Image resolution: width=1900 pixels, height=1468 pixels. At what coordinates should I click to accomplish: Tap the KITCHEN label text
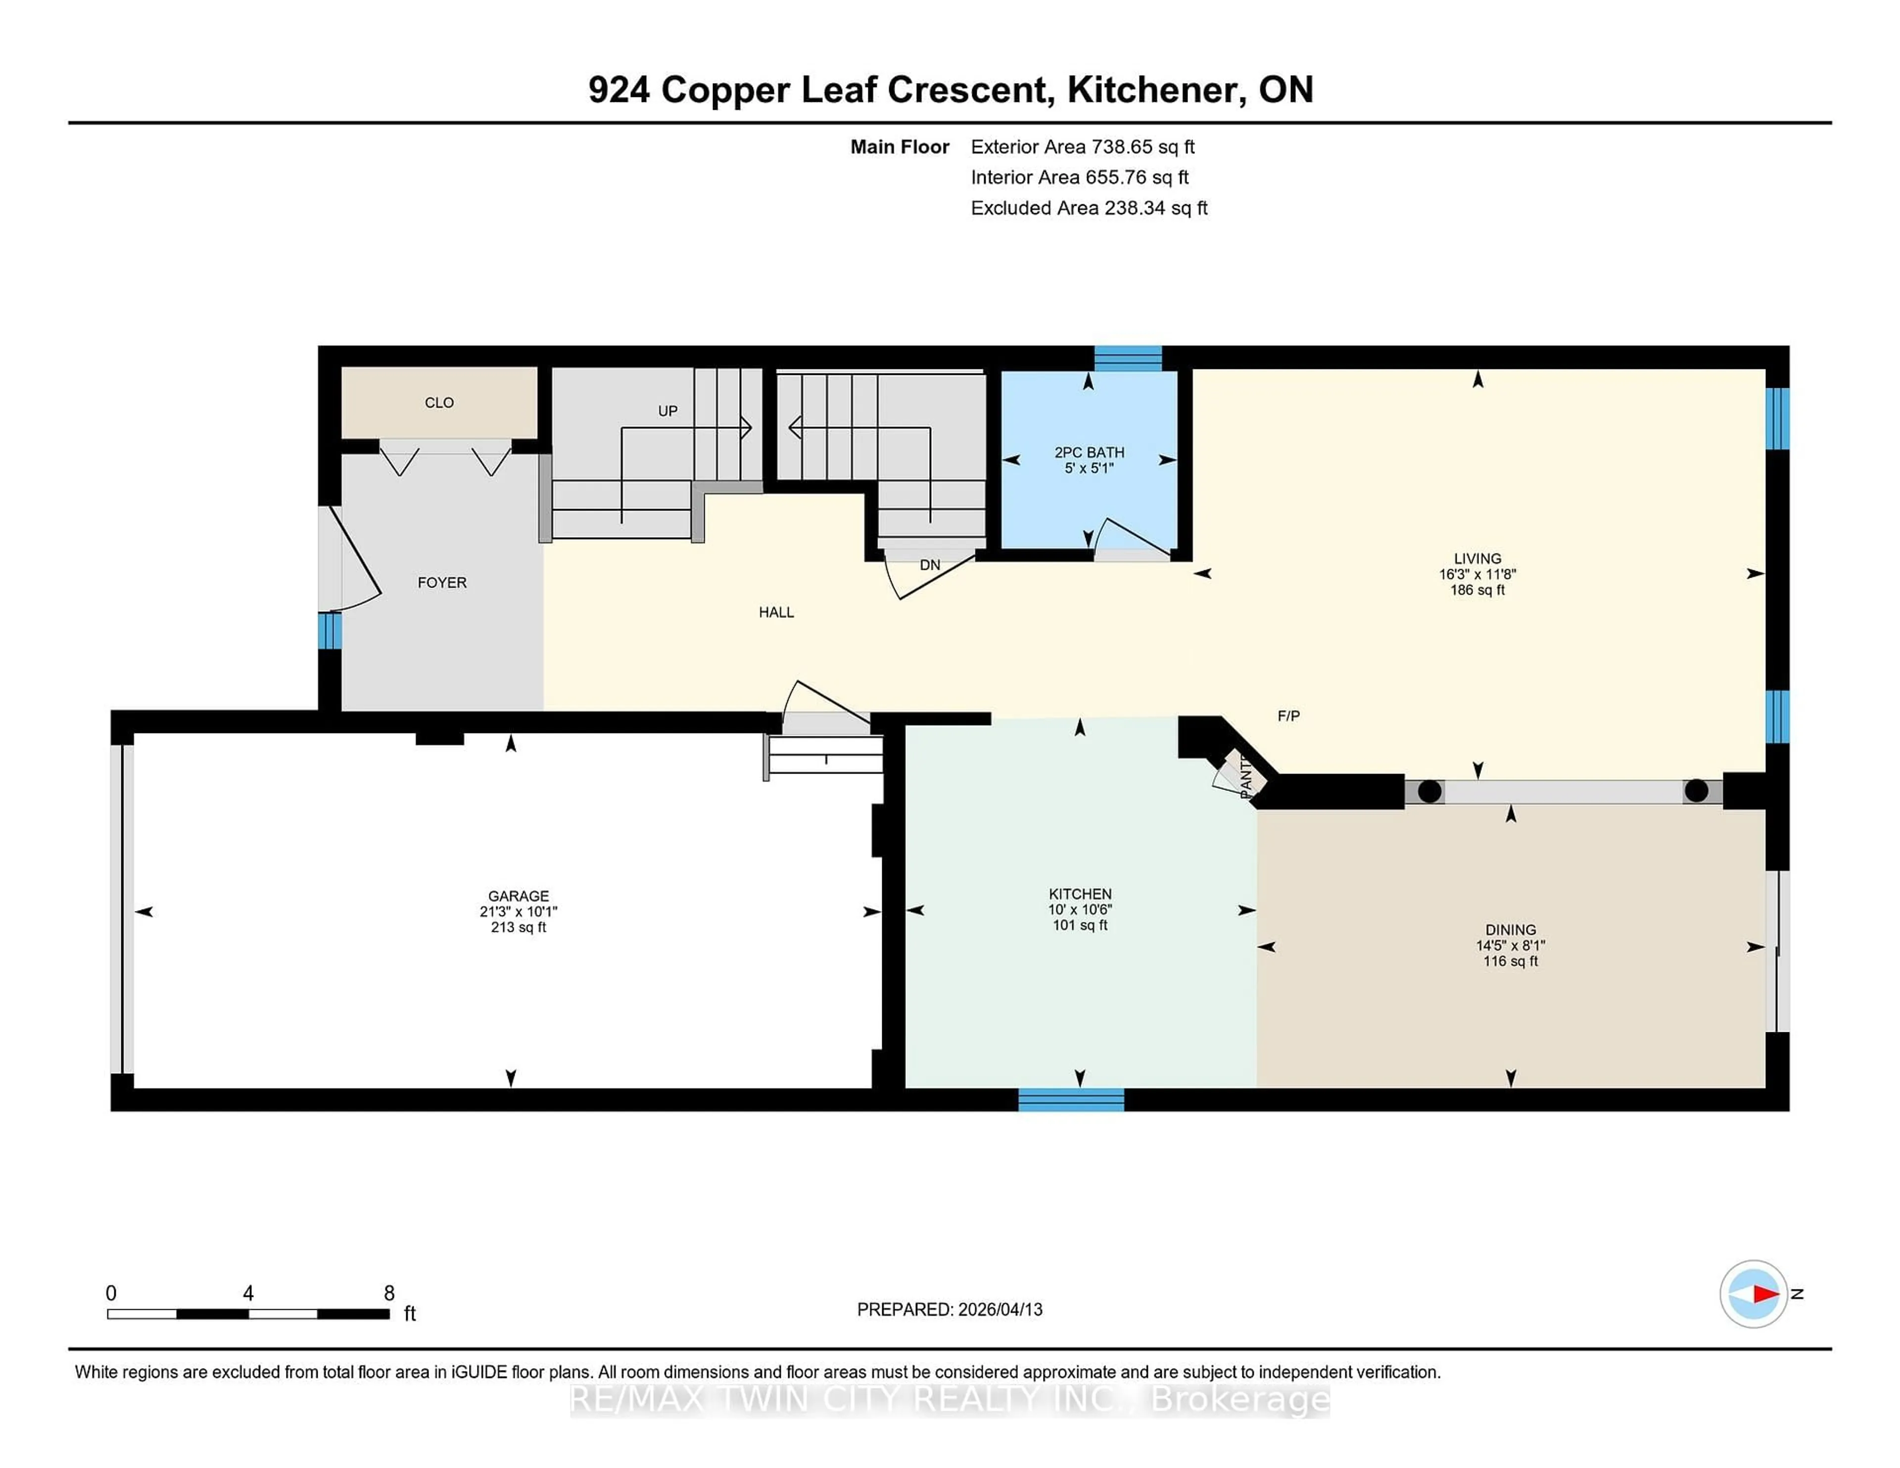[1080, 894]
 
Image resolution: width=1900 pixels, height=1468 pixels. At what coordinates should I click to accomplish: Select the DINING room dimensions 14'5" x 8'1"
[1510, 945]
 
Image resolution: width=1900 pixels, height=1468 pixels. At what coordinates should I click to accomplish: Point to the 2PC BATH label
[1089, 452]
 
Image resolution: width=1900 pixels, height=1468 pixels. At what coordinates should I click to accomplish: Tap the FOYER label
[442, 583]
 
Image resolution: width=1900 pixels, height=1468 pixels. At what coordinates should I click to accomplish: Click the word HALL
[776, 612]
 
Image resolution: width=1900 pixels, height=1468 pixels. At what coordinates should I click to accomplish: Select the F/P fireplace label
[1288, 716]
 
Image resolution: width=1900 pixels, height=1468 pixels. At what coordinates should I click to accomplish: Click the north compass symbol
[1753, 1293]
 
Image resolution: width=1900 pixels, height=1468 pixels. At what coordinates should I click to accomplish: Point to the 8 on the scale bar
[389, 1293]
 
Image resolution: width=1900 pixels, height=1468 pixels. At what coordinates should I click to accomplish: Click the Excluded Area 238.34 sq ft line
[1089, 208]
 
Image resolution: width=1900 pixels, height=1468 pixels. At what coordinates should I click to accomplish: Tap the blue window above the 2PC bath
[1128, 358]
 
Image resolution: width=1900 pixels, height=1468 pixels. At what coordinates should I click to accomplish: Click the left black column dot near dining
[1429, 791]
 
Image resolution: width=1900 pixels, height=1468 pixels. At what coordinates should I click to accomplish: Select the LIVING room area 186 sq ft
[1477, 590]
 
